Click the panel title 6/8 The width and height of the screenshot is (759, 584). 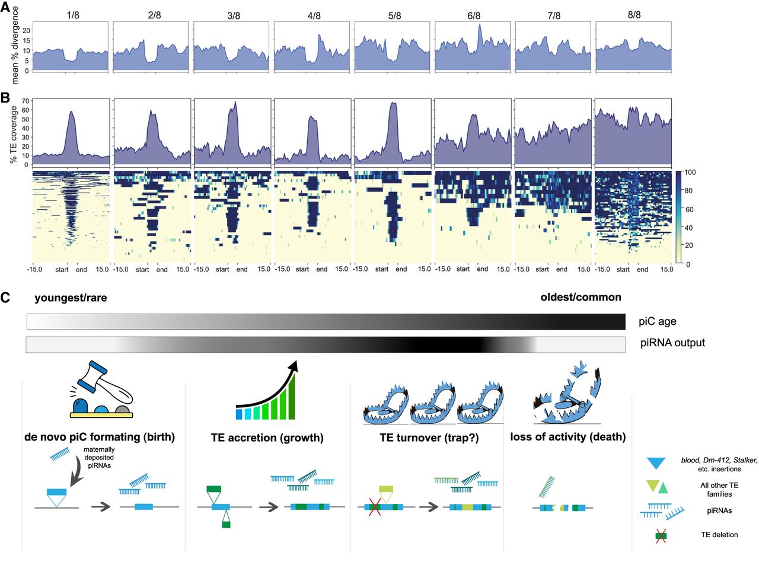click(474, 15)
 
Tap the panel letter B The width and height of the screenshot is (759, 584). click(5, 98)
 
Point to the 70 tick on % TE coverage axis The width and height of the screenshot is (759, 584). click(26, 101)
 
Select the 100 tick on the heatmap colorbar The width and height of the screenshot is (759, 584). click(690, 172)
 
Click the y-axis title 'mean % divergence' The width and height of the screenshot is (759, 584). click(15, 46)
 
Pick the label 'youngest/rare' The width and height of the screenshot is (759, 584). click(71, 298)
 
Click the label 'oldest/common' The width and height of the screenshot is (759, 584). click(581, 297)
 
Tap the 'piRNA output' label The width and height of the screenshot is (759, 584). click(672, 343)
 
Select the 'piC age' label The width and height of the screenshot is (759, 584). click(658, 321)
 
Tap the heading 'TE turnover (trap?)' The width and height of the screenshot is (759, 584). click(429, 438)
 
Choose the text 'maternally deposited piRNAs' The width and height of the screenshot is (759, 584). click(99, 457)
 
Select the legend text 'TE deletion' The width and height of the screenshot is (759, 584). click(719, 535)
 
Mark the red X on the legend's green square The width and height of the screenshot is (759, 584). click(661, 536)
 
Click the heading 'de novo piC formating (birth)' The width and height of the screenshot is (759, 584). click(100, 437)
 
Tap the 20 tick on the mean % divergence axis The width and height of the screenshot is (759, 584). click(26, 30)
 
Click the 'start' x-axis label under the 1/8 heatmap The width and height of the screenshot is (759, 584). click(62, 270)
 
